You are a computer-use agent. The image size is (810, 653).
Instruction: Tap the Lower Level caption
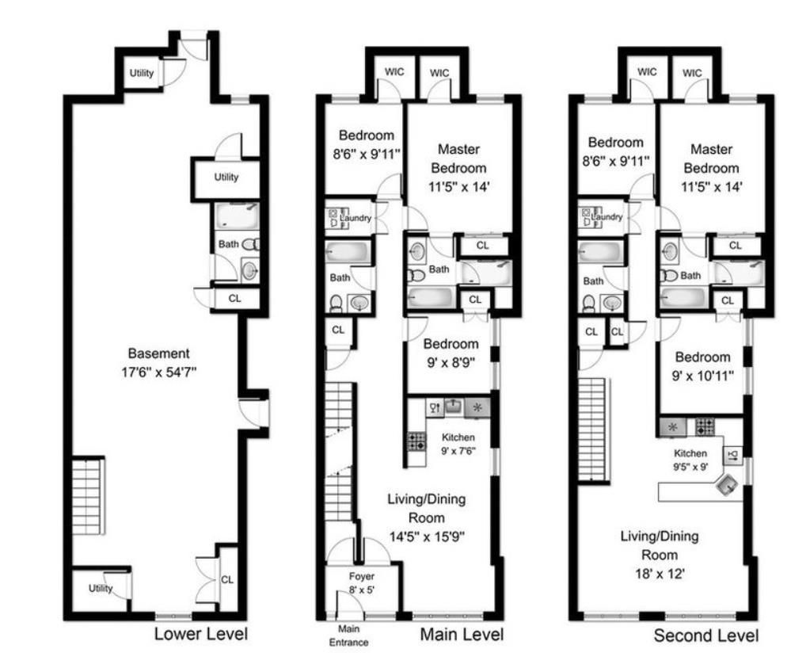(201, 633)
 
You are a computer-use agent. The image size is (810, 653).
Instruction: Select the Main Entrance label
(348, 636)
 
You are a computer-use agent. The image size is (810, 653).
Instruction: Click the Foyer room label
(362, 576)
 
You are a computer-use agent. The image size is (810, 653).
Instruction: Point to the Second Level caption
(705, 635)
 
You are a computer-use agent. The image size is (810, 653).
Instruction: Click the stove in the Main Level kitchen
(417, 441)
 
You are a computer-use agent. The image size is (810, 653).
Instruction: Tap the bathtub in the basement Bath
(237, 216)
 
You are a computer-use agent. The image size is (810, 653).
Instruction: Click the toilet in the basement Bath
(251, 244)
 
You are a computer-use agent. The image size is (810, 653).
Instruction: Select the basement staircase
(88, 497)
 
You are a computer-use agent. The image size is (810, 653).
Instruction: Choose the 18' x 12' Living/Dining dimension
(659, 574)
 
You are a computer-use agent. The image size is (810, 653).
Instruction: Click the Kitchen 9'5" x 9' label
(690, 459)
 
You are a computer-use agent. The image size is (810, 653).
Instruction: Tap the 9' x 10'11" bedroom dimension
(702, 376)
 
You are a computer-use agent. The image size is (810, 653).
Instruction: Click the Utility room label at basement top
(142, 73)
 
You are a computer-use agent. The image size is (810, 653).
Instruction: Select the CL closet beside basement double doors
(227, 579)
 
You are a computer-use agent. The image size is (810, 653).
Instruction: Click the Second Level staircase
(594, 430)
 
